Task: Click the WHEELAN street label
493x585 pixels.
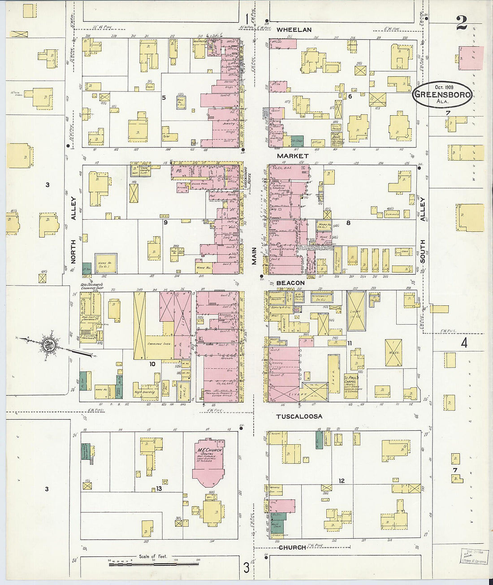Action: click(x=294, y=30)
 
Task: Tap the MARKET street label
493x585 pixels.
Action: click(x=293, y=156)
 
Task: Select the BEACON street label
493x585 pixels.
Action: click(x=290, y=283)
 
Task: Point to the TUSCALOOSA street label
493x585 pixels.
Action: click(x=299, y=416)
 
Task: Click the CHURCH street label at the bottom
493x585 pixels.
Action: click(x=292, y=547)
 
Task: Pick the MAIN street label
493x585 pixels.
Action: click(x=254, y=256)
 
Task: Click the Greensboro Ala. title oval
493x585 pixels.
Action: click(x=442, y=94)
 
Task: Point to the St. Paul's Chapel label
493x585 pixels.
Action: click(x=351, y=381)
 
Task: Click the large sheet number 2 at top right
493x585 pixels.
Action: click(x=462, y=23)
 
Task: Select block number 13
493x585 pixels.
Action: click(x=159, y=489)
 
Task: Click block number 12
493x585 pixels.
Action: click(x=342, y=481)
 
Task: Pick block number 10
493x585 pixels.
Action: click(x=152, y=364)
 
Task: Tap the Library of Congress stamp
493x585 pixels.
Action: click(x=473, y=556)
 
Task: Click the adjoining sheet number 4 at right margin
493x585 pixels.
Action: click(x=464, y=343)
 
